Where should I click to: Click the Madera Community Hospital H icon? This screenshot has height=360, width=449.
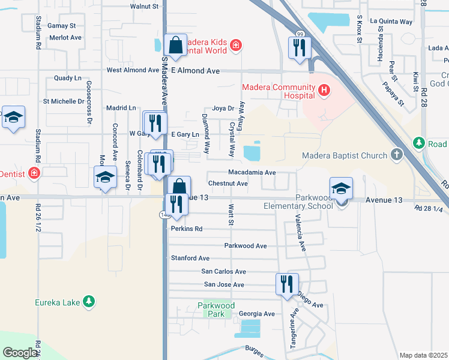[x=325, y=91]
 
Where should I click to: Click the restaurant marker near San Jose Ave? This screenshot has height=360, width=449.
[x=287, y=284]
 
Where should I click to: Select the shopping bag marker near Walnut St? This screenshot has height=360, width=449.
[x=175, y=46]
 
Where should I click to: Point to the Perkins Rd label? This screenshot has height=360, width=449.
[x=187, y=229]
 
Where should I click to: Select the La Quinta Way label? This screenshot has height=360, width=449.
[x=391, y=21]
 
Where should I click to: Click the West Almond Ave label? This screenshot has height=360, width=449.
[x=133, y=70]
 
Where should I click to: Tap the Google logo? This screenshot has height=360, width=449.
[x=20, y=353]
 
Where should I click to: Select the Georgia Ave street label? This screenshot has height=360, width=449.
[x=256, y=314]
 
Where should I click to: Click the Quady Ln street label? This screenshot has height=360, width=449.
[x=67, y=78]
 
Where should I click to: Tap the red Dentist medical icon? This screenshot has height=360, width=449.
[x=34, y=173]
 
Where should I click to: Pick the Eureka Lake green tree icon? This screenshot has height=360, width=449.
[x=89, y=301]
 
